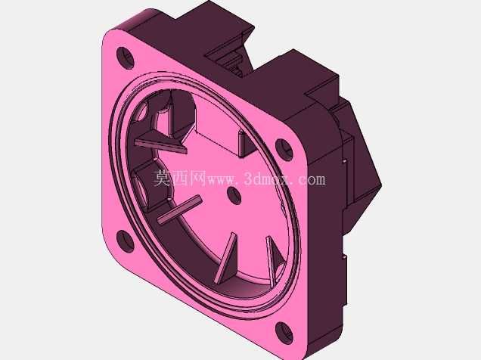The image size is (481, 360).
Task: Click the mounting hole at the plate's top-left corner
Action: pyautogui.click(x=126, y=58)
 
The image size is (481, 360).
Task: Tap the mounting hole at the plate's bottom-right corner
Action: pyautogui.click(x=284, y=333)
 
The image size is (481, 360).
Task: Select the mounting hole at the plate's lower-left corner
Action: pyautogui.click(x=126, y=241)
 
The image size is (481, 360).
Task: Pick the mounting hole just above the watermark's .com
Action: pyautogui.click(x=284, y=150)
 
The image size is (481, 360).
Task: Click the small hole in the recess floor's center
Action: pyautogui.click(x=234, y=195)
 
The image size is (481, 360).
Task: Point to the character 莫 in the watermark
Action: pyautogui.click(x=162, y=178)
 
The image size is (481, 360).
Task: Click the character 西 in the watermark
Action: pyautogui.click(x=180, y=178)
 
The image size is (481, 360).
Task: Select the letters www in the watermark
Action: pyautogui.click(x=222, y=181)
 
